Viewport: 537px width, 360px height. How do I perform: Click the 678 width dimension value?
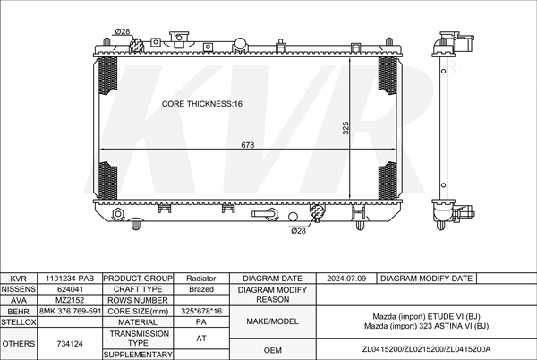[x=247, y=145]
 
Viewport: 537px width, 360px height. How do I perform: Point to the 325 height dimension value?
[x=345, y=128]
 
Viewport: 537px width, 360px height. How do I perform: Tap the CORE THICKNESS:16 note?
[x=201, y=104]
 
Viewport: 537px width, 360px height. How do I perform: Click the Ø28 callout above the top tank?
[x=123, y=31]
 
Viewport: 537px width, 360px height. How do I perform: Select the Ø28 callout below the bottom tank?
[x=298, y=231]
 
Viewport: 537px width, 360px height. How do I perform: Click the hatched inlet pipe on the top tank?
[x=136, y=45]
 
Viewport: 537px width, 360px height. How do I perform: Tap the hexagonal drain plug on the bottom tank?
[x=118, y=214]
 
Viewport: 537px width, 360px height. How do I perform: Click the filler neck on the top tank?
[x=179, y=39]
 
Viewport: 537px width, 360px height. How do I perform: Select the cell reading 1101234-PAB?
[x=70, y=279]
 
